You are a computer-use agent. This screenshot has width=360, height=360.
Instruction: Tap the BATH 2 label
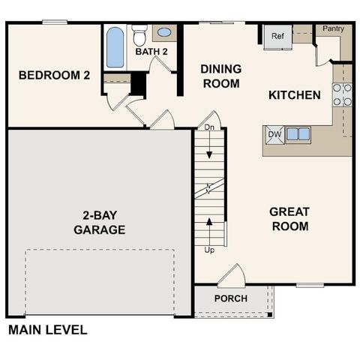pos(151,52)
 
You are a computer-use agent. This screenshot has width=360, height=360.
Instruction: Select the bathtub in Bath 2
pos(115,47)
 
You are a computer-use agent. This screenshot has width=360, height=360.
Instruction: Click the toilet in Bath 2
pos(139,34)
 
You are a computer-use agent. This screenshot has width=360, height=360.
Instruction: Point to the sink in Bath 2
pos(163,33)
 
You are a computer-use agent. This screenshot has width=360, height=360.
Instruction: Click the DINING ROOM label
pos(220,76)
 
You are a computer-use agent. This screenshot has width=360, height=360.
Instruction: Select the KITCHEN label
pos(295,95)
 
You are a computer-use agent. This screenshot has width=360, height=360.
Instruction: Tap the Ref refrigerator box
pos(277,36)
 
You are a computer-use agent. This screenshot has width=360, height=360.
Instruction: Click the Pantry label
pos(333,28)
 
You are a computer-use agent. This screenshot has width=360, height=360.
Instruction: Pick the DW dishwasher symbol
pos(274,134)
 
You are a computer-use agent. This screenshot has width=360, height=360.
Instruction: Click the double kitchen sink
pos(298,134)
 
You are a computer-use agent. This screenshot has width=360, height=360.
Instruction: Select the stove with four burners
pos(342,94)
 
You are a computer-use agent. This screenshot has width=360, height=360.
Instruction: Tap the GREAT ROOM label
pos(289,219)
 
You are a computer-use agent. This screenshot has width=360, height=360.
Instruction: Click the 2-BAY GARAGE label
pos(99,223)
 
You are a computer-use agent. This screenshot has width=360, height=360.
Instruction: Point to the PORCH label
pos(230,298)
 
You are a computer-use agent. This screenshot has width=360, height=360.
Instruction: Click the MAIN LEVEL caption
pos(47,329)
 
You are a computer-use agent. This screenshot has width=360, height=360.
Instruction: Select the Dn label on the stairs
pos(209,128)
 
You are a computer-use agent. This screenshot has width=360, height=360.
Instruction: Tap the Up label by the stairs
pos(209,250)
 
